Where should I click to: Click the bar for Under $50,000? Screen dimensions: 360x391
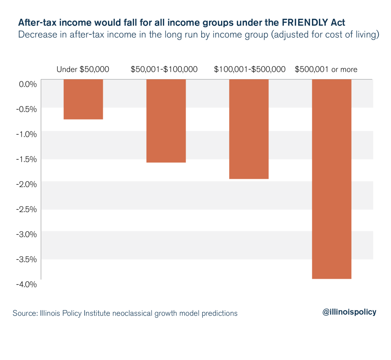pyautogui.click(x=83, y=99)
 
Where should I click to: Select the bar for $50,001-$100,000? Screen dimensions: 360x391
pyautogui.click(x=166, y=121)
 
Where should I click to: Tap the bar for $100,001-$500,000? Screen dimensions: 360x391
pyautogui.click(x=249, y=129)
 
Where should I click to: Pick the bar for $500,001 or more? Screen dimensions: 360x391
pyautogui.click(x=331, y=179)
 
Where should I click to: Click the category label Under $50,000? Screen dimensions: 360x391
pyautogui.click(x=83, y=70)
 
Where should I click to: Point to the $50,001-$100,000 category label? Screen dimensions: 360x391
pyautogui.click(x=164, y=70)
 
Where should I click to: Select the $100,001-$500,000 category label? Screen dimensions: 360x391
pyautogui.click(x=250, y=70)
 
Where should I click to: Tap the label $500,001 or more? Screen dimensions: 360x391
pyautogui.click(x=326, y=70)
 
